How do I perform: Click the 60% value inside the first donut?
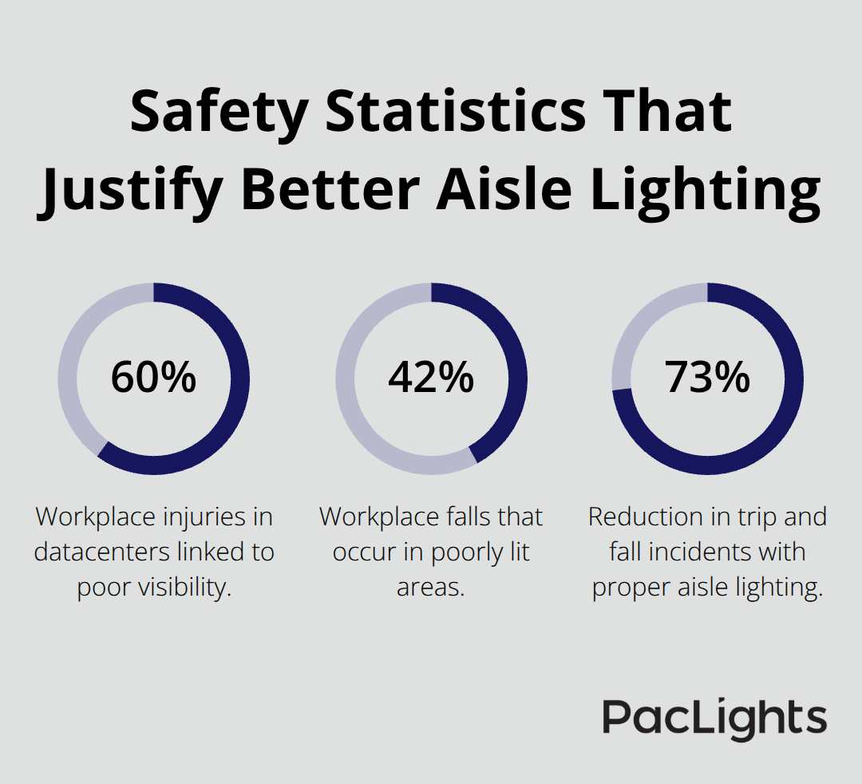pyautogui.click(x=153, y=378)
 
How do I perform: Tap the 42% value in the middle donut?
pyautogui.click(x=431, y=378)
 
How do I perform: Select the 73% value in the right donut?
pyautogui.click(x=707, y=378)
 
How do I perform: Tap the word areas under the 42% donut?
pyautogui.click(x=431, y=587)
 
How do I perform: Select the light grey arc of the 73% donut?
pyautogui.click(x=639, y=327)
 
